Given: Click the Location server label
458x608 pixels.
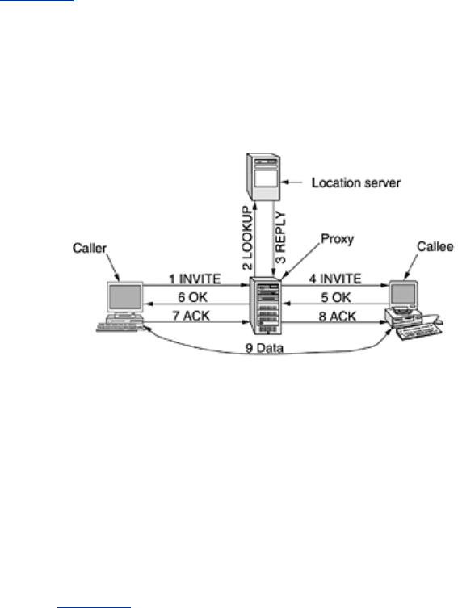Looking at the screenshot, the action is coord(356,182).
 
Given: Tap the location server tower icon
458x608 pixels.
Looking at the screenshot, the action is coord(263,177).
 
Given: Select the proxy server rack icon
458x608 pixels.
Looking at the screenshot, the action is coord(267,305).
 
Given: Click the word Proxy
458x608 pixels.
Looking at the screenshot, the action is coord(338,239).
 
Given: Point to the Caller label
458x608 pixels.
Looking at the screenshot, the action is coord(89,248).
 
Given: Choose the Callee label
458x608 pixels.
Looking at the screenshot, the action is coord(435,246).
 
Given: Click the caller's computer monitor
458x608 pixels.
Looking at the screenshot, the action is coord(125,298).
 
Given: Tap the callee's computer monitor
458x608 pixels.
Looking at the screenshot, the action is coord(403,294).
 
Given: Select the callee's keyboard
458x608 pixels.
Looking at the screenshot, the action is coord(419,332).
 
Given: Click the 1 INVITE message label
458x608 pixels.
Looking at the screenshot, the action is coord(195,279).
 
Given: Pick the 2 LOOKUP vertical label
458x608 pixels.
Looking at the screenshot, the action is coord(247,237).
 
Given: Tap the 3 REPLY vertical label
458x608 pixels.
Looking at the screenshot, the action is coord(280,237).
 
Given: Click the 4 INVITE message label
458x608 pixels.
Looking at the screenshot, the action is coord(335,279).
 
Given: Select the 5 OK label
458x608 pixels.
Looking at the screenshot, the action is coord(336,297).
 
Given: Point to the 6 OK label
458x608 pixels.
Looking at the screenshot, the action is coord(193,297).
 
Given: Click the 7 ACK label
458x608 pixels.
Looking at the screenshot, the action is coord(191,316).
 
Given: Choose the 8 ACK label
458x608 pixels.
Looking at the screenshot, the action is coord(338,317).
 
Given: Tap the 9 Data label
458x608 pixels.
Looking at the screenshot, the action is coord(264,348).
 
